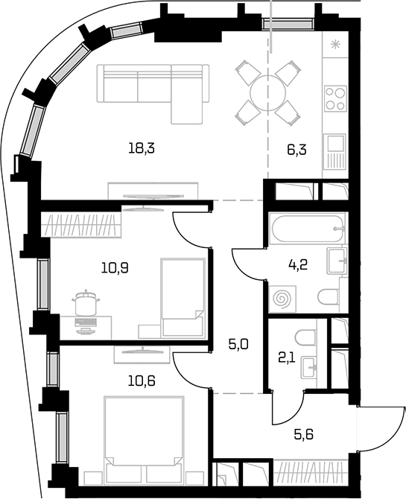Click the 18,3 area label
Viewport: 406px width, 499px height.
coord(142,149)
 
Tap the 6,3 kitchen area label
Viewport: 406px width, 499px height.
coord(296,149)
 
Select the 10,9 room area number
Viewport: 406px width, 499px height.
coord(115,268)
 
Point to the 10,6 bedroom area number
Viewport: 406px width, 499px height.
coord(142,381)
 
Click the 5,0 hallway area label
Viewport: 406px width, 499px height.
coord(238,344)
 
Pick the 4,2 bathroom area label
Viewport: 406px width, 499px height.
coord(299,264)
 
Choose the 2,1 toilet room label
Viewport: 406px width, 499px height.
coord(287,359)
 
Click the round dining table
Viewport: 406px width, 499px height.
coord(268,92)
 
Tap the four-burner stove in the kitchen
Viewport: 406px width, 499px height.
coord(335,98)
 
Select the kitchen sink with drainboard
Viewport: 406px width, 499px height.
coord(334,151)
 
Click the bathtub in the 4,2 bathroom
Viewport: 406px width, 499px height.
coord(307,229)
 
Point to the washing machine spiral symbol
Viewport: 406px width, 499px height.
coord(282,299)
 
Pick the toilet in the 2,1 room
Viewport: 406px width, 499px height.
coord(305,337)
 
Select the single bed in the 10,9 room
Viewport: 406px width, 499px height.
coord(183,297)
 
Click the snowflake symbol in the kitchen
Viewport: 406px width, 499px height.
coord(334,45)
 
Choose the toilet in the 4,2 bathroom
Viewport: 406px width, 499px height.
coord(329,296)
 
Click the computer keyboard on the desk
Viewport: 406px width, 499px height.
coord(86,322)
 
